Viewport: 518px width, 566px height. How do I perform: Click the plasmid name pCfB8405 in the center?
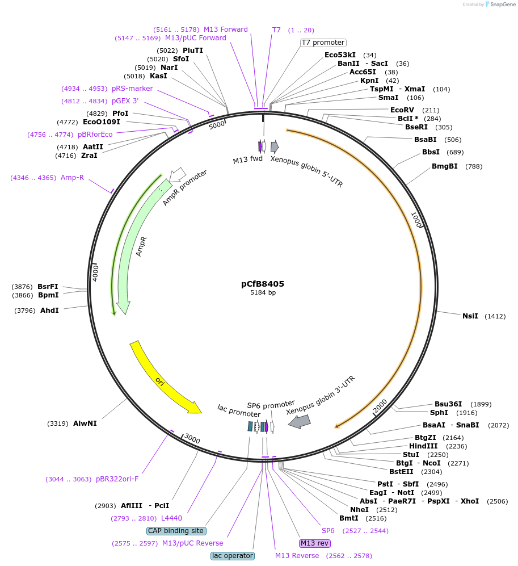coord(263,284)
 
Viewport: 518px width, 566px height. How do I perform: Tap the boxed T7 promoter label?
coord(323,43)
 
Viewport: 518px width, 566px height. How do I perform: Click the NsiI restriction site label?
coord(470,316)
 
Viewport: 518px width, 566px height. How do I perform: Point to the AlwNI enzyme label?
coord(85,423)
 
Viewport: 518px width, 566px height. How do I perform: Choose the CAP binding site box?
coord(176,531)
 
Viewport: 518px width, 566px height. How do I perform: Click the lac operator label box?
coord(233,556)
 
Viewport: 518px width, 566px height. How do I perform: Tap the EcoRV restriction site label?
coord(402,110)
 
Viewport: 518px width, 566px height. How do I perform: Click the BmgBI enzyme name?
coord(445,166)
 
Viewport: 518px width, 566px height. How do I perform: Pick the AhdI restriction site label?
coord(49,311)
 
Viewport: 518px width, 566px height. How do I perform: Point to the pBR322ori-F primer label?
coord(117,479)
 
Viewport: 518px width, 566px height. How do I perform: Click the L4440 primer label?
coord(171,518)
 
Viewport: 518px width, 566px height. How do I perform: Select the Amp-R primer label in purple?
coord(72,178)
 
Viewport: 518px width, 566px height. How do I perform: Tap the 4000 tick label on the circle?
coord(95,272)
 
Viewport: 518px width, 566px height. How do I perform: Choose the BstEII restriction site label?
coord(401,471)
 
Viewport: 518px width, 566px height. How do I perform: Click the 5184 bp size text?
coord(263,293)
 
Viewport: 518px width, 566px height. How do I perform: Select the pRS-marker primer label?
coord(132,89)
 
